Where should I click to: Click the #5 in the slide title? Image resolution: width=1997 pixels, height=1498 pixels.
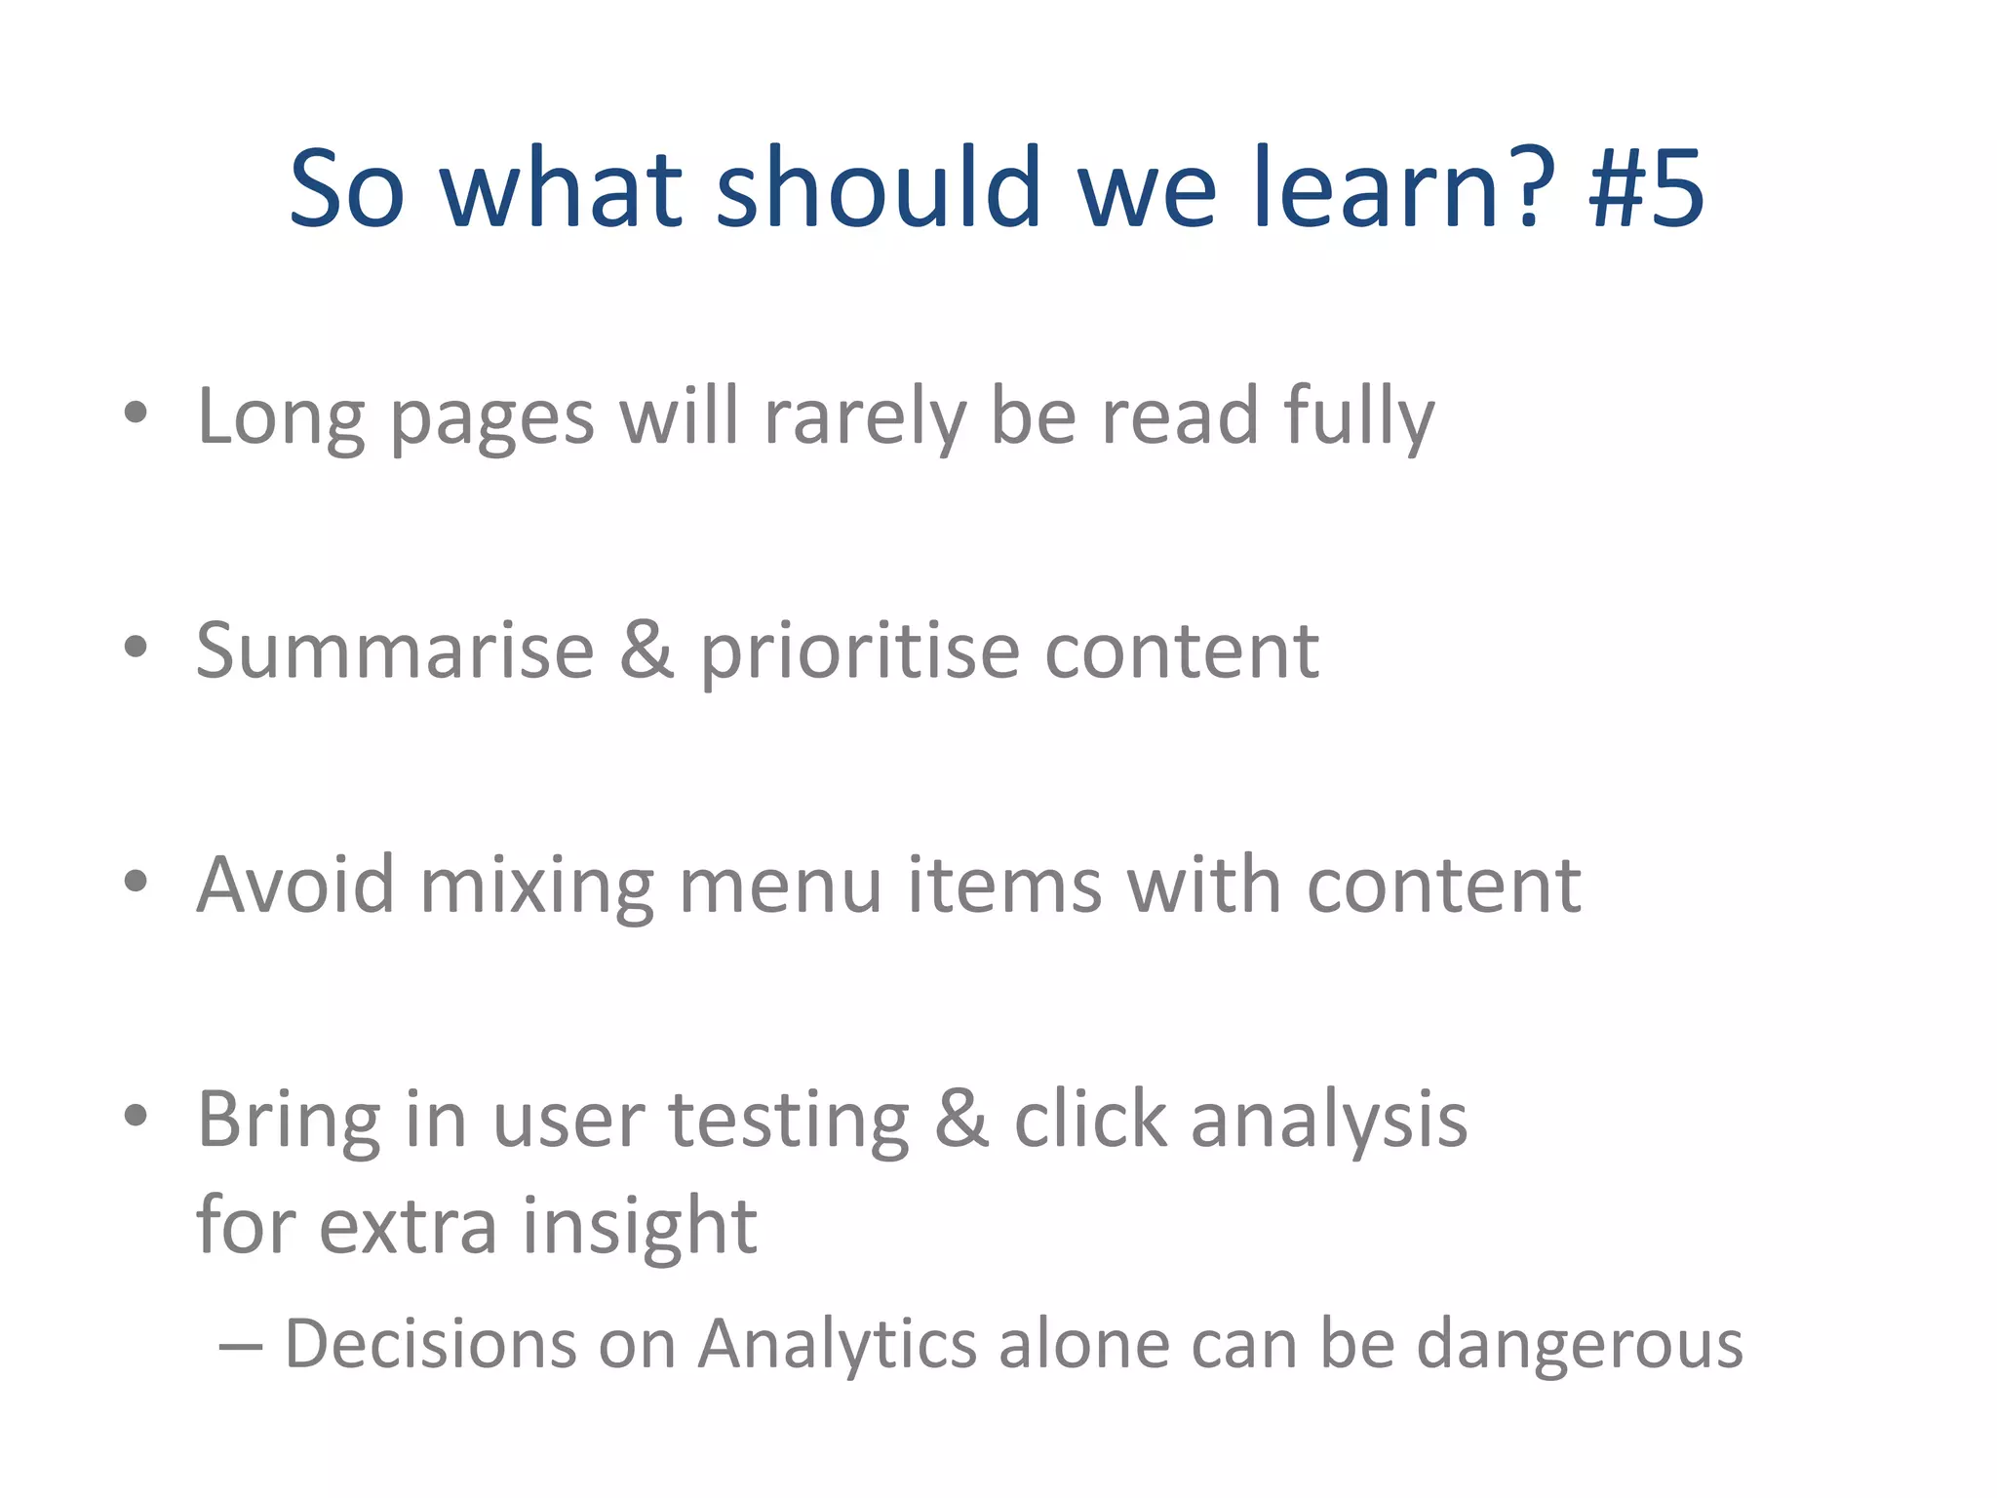click(x=1646, y=187)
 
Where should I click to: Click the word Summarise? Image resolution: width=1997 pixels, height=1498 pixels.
click(x=395, y=650)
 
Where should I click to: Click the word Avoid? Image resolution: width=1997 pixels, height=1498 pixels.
click(x=295, y=885)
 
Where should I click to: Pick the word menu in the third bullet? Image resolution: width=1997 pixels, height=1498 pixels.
click(x=780, y=885)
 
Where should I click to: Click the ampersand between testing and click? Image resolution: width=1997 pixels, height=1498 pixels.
click(x=961, y=1120)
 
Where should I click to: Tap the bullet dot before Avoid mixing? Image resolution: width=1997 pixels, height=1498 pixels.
click(x=136, y=881)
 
